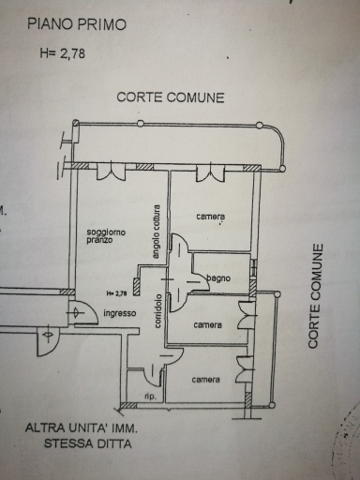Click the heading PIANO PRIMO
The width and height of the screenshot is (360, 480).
[x=77, y=24]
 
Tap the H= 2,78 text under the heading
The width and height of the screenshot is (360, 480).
[x=63, y=53]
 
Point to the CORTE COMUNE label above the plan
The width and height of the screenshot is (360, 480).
[x=171, y=97]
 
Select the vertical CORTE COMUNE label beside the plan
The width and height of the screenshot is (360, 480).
[x=315, y=296]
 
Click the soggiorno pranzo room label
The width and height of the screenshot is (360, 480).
[x=101, y=236]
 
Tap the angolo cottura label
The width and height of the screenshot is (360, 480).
[x=156, y=232]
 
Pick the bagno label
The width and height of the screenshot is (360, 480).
[x=218, y=277]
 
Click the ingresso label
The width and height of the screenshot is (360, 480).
[x=120, y=313]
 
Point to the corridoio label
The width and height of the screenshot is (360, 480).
[x=158, y=310]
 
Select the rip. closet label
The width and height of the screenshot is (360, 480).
[x=150, y=397]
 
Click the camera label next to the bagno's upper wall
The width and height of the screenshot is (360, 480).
[x=211, y=217]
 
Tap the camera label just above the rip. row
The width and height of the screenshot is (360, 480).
[x=206, y=380]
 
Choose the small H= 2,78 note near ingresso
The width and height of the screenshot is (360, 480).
[x=116, y=293]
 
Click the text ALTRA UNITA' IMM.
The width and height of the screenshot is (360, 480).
[x=82, y=427]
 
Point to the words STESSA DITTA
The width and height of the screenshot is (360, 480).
[x=87, y=443]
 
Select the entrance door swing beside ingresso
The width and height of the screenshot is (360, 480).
[x=82, y=312]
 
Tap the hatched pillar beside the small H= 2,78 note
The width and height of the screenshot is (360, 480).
[x=136, y=287]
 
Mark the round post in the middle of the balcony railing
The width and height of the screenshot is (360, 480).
[x=141, y=124]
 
